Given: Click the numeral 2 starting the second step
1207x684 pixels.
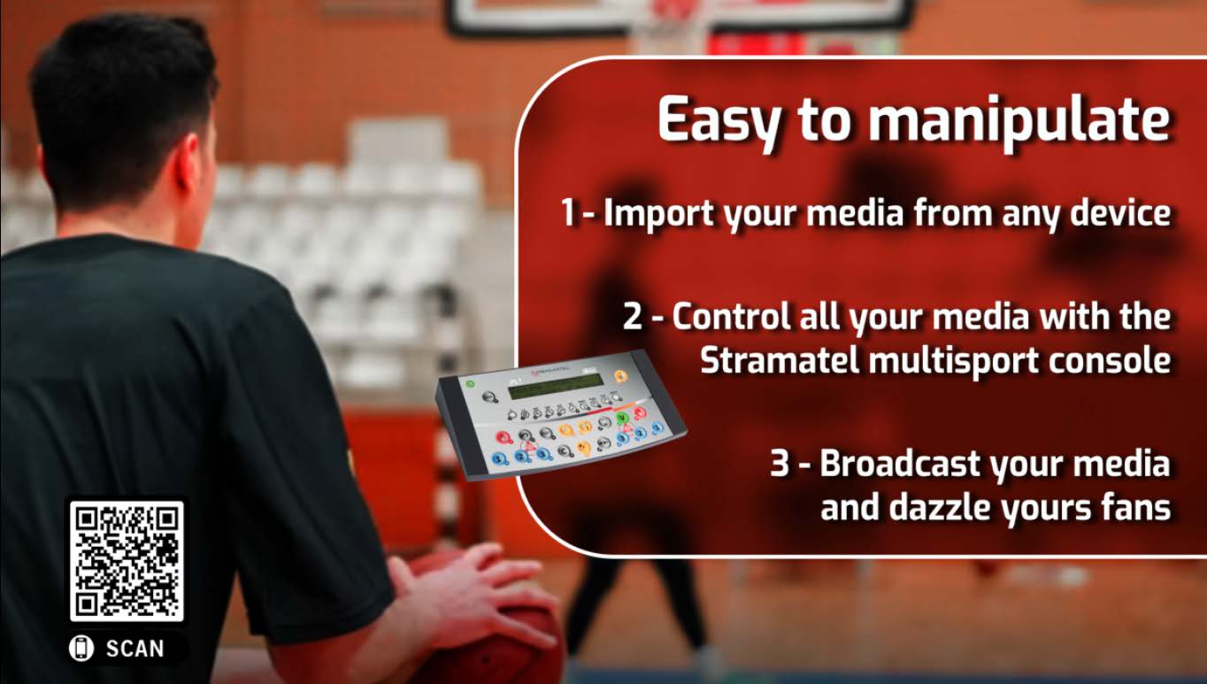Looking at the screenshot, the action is point(633,317).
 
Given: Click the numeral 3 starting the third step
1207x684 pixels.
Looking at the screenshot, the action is point(780,464).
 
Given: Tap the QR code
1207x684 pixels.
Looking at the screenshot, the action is point(127,561).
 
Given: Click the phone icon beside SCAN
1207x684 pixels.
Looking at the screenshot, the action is point(81,648).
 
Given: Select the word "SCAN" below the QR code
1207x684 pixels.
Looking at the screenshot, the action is point(135,649).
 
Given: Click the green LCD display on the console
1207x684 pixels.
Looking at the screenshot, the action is point(557,387).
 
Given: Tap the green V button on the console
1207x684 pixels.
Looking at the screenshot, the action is point(621,418).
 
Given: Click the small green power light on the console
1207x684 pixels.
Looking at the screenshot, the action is point(470,384).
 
